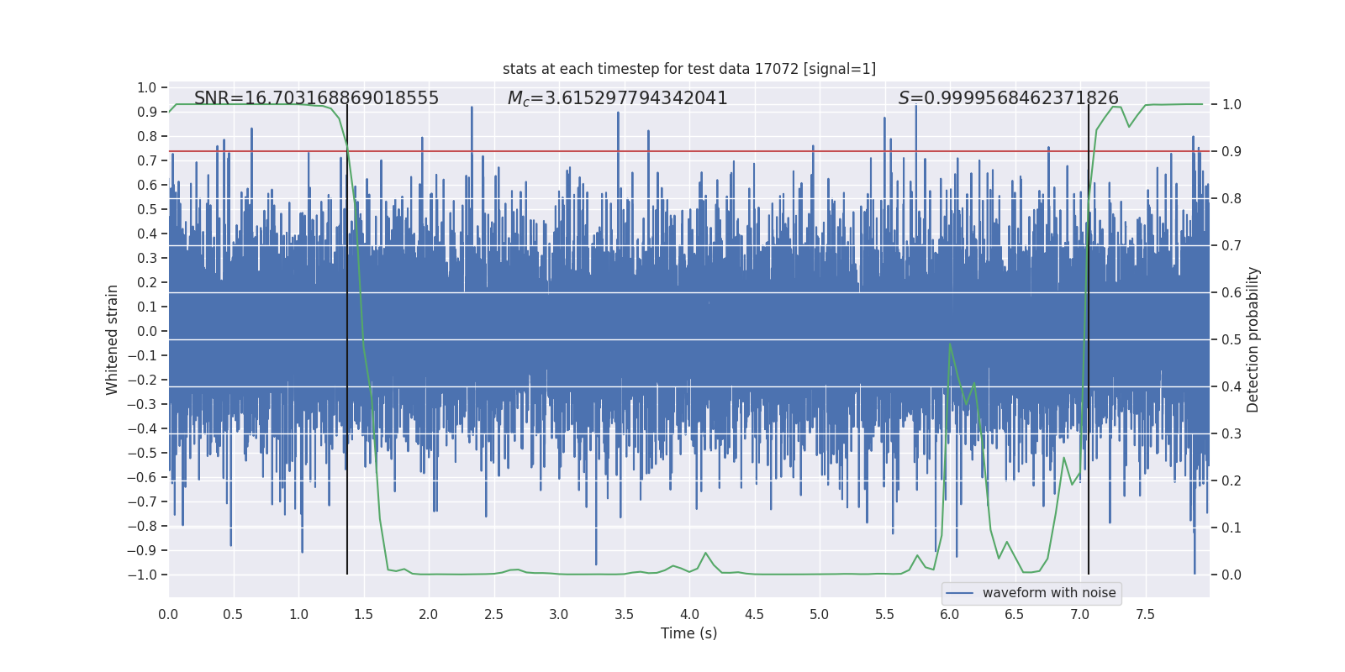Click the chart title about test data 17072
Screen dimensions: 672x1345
(x=688, y=69)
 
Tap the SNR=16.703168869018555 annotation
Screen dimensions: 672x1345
(x=316, y=98)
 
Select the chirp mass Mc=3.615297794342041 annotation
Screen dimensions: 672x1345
(x=617, y=98)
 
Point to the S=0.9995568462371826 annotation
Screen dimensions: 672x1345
(x=1008, y=98)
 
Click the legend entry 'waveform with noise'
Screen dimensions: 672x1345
(x=1048, y=593)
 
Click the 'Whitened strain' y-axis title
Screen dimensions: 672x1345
(x=113, y=339)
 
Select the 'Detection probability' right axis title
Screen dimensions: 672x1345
(x=1253, y=339)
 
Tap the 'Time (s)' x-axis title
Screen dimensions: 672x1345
(x=688, y=633)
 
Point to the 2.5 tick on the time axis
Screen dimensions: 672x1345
(x=493, y=614)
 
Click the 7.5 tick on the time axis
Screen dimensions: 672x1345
(x=1145, y=614)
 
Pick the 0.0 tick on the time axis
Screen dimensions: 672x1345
(x=168, y=614)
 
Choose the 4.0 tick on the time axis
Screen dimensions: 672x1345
(x=689, y=614)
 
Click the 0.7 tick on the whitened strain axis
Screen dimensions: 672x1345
(x=147, y=160)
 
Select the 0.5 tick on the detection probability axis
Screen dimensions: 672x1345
(x=1232, y=339)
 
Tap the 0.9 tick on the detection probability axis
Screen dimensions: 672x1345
(x=1232, y=151)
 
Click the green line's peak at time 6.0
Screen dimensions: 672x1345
(x=950, y=343)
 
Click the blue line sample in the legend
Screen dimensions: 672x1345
(x=959, y=593)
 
